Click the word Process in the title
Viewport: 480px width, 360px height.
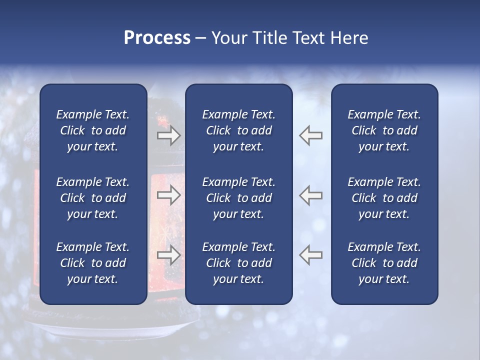(157, 38)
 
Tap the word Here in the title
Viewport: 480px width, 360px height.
(349, 38)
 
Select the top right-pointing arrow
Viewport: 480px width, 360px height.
(168, 135)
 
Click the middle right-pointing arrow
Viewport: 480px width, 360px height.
(168, 195)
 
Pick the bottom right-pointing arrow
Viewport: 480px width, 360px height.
(168, 255)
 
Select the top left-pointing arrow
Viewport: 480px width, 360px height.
(311, 135)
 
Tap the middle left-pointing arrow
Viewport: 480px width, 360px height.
(311, 195)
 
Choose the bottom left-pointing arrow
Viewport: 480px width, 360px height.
(311, 255)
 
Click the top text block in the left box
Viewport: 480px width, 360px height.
(93, 130)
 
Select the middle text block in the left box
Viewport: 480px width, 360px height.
(93, 198)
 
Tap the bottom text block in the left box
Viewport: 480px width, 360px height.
(93, 263)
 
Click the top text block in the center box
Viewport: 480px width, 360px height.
(239, 130)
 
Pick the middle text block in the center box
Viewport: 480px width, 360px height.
(239, 198)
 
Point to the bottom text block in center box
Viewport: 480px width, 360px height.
(239, 263)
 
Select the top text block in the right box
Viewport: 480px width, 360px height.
(384, 130)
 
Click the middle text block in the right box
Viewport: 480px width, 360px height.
(384, 198)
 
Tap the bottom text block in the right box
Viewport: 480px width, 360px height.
(384, 263)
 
